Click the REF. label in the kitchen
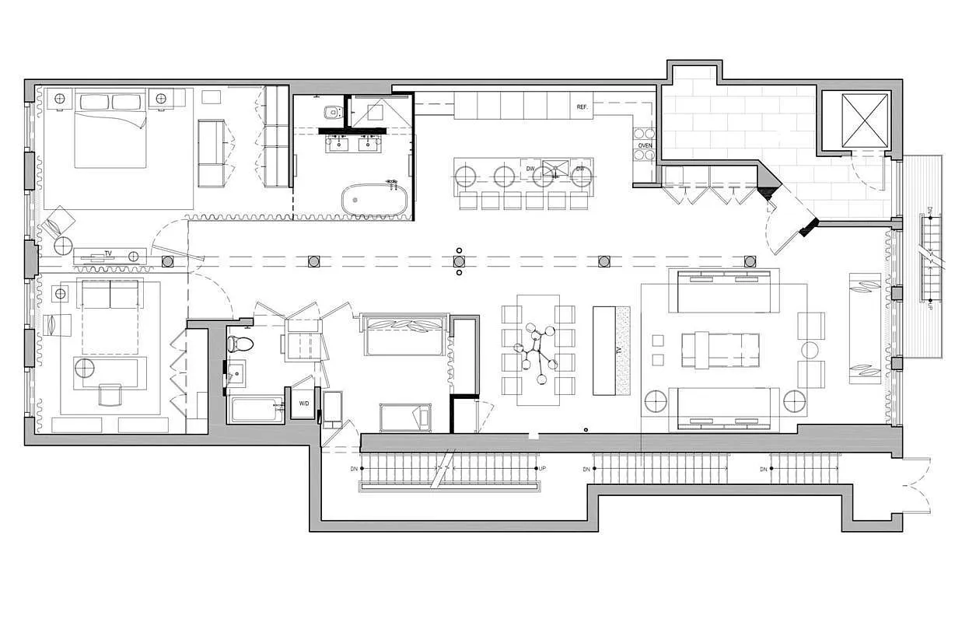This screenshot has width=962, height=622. coord(582,107)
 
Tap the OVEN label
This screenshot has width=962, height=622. coord(645,145)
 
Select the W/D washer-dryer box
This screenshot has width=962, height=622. coord(303,404)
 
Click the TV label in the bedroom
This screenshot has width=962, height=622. coord(108,254)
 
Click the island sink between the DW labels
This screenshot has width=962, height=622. coord(556,169)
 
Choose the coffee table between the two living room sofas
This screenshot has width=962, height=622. coord(719,349)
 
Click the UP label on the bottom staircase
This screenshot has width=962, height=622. coord(542,469)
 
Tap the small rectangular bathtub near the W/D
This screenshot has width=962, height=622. coord(257,409)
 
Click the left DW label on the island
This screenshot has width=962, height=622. coord(530,169)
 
